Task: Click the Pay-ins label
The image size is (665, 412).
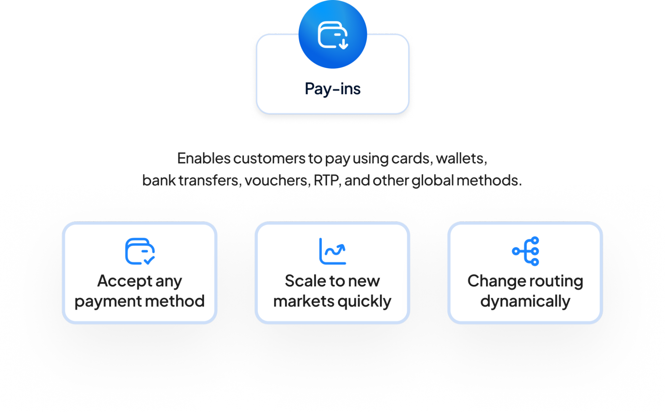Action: point(333,89)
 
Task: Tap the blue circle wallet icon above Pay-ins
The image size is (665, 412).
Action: point(333,35)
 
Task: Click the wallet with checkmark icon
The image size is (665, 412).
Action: point(140,251)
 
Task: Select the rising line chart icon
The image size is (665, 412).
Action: point(332,251)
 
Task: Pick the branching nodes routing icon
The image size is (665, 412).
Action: point(526,251)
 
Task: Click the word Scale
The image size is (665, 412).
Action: point(305,281)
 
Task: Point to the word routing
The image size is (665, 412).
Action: point(559,282)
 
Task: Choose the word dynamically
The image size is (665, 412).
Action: point(525,302)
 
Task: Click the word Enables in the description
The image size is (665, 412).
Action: point(204,158)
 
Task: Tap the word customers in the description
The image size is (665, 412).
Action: point(269,158)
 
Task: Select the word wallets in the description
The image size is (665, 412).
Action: point(461,158)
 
